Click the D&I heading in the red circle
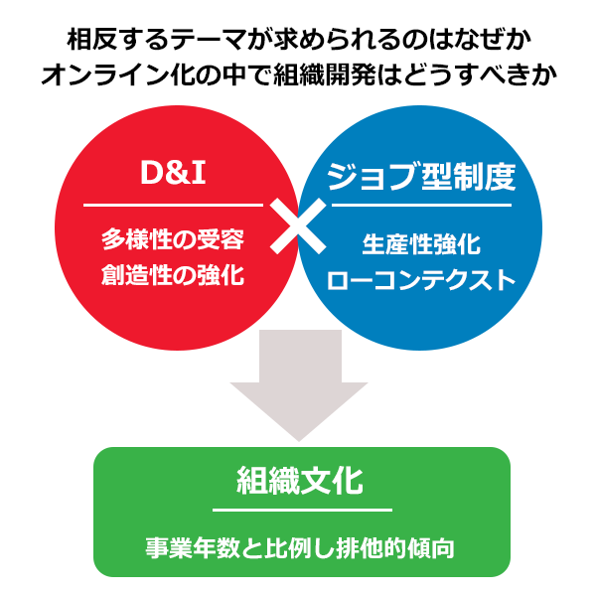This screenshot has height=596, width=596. (173, 173)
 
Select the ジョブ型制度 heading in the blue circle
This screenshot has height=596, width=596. (421, 177)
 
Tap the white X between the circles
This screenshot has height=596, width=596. (298, 225)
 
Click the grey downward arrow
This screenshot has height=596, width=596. (299, 384)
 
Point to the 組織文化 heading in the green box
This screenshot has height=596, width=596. (300, 481)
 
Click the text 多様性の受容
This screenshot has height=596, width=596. (173, 239)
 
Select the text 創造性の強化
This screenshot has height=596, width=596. (173, 275)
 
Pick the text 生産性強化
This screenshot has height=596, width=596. (421, 244)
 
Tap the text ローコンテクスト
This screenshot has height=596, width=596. (421, 280)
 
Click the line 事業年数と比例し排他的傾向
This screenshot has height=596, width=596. (300, 548)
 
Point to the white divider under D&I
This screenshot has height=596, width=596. (173, 206)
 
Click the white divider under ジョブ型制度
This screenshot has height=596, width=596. (421, 206)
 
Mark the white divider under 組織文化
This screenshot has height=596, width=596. (302, 510)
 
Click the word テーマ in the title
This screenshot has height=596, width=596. (207, 40)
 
